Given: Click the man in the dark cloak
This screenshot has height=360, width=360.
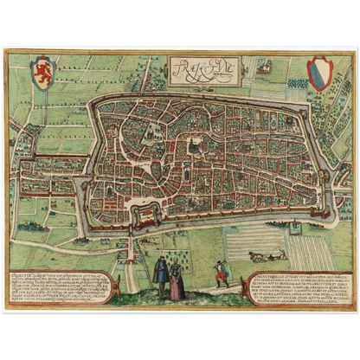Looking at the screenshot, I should [161, 278].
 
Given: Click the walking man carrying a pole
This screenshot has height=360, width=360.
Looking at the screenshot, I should [222, 272].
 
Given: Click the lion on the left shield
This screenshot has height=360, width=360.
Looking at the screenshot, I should [40, 73].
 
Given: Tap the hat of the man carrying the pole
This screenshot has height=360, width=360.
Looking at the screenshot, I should [222, 262].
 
